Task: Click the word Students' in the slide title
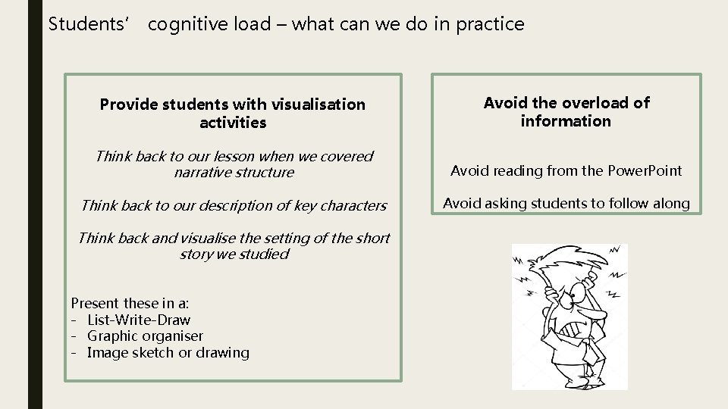point(79,24)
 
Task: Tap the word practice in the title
point(491,24)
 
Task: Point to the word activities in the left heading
point(233,122)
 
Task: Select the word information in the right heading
point(566,120)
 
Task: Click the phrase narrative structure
point(234,173)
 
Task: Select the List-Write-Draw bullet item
point(139,320)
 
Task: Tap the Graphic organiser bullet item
point(145,336)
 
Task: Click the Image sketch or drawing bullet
point(168,352)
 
